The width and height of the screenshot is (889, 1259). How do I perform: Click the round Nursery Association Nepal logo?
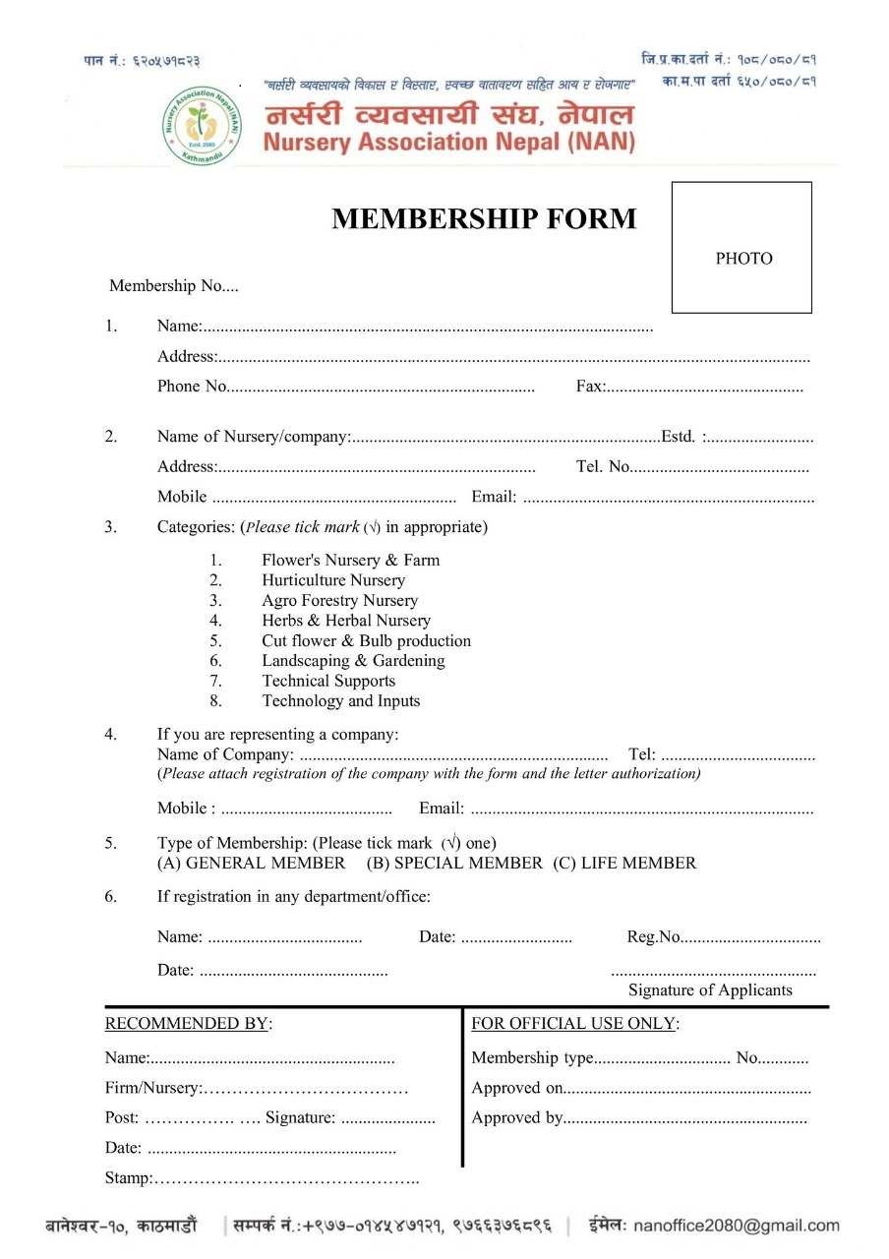pos(202,124)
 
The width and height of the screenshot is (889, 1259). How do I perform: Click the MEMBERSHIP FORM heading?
pos(484,219)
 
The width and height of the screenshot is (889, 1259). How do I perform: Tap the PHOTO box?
pos(742,248)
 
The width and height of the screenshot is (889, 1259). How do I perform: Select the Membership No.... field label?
pos(173,286)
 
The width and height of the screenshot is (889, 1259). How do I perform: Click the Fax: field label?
pos(590,387)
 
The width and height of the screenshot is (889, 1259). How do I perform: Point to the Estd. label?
pos(679,437)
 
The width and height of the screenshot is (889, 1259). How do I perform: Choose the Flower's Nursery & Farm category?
pos(350,561)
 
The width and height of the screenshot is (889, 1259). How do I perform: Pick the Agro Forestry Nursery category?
pos(339,601)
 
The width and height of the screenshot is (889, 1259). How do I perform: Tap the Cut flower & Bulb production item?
pos(366,641)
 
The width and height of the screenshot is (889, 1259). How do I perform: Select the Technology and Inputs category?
pos(340,701)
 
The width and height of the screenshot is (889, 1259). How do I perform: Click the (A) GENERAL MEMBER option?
pos(252,864)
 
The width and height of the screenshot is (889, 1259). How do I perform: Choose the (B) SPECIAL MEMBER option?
pos(454,864)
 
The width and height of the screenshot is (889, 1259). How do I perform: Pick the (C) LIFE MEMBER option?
pos(624,864)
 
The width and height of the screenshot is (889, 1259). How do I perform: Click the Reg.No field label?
pos(654,937)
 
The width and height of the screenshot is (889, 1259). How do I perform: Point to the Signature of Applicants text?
pos(710,990)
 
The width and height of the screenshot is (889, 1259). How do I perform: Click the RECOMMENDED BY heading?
pos(187,1024)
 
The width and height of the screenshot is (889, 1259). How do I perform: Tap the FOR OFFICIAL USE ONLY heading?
pos(574,1024)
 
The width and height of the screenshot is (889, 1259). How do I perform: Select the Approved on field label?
pos(517,1088)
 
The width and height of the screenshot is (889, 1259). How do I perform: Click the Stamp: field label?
pos(129,1178)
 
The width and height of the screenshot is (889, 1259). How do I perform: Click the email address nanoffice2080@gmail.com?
pos(737,1226)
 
